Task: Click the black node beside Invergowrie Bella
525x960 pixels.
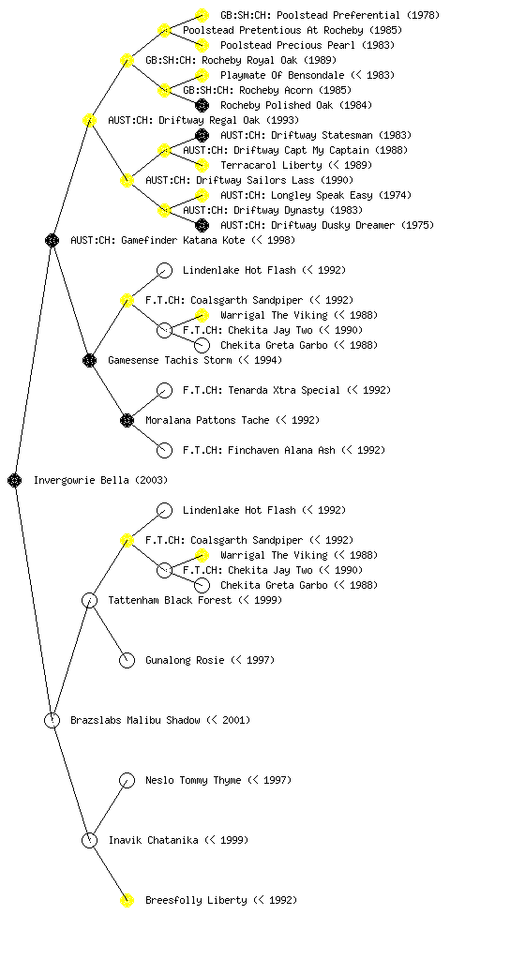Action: coord(15,480)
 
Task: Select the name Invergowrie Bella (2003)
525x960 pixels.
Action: coord(100,480)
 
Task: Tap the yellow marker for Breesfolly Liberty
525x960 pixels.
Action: coord(127,900)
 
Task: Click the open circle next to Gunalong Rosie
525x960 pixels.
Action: coord(127,660)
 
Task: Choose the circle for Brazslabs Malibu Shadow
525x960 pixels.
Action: coord(52,720)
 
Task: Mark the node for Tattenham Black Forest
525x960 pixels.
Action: coord(89,600)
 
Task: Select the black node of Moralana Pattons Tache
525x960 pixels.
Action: coord(127,420)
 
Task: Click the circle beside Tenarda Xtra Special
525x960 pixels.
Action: coord(164,390)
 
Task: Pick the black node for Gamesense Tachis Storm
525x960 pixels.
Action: coord(89,360)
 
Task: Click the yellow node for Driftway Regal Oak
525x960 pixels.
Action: coord(89,120)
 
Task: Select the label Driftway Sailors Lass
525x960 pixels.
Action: coord(230,180)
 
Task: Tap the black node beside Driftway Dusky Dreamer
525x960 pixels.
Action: coord(202,225)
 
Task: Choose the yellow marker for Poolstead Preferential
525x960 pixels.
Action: coord(202,15)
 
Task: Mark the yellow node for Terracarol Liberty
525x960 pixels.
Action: coord(202,165)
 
